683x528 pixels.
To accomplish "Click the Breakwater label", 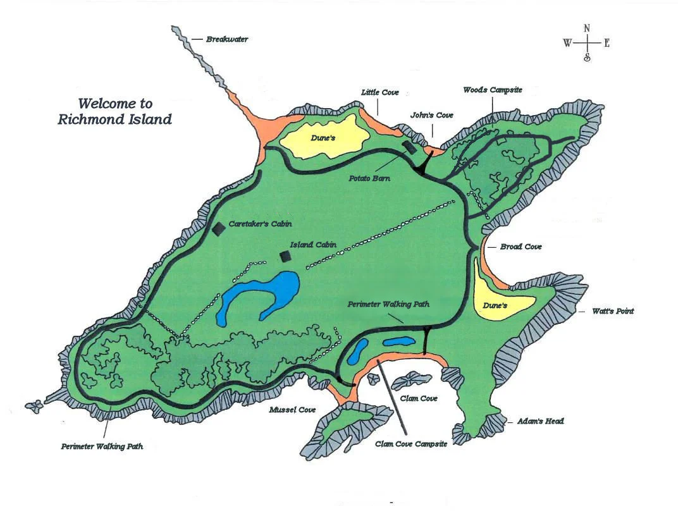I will [227, 39].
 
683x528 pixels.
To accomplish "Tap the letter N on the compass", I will [587, 28].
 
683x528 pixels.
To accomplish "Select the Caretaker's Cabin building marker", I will [218, 228].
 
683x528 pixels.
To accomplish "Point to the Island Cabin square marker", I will [286, 256].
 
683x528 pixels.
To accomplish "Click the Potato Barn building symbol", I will [409, 147].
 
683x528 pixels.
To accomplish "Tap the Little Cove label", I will [380, 92].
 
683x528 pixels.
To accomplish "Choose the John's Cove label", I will [432, 115].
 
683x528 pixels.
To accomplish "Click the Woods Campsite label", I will [493, 90].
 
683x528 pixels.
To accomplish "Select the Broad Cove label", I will [520, 247].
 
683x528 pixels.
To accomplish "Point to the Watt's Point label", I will [612, 311].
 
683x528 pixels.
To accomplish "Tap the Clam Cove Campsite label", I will [411, 444].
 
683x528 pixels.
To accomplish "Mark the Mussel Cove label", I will [292, 410].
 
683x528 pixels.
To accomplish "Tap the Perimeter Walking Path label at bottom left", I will [102, 446].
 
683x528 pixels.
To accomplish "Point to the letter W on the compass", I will [567, 43].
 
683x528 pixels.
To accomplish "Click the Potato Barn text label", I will [369, 178].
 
